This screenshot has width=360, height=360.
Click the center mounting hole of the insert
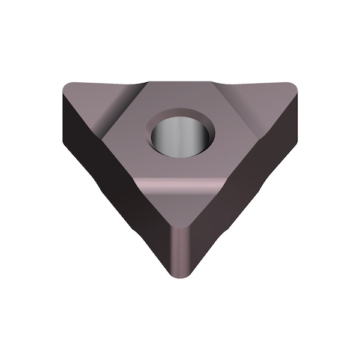click(x=181, y=134)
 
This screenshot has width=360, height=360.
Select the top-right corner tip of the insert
click(x=293, y=88)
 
